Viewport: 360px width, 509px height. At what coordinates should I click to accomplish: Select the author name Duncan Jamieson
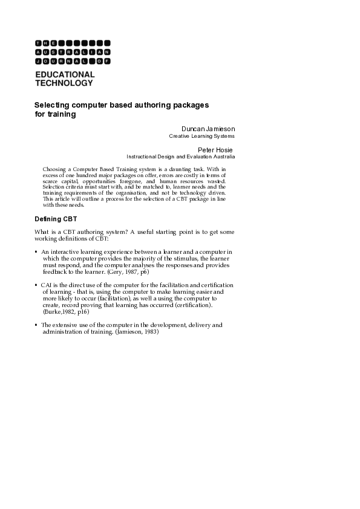(208, 129)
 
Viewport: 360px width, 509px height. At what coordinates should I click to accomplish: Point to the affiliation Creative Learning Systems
(201, 137)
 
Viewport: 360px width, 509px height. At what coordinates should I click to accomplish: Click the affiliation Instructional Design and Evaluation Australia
(180, 157)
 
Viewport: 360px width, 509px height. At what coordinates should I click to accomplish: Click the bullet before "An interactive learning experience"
(36, 251)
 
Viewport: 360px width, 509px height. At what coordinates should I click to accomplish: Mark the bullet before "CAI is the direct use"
(36, 284)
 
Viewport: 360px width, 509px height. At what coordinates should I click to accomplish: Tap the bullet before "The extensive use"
(36, 325)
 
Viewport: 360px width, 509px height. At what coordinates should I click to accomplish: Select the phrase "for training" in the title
(54, 114)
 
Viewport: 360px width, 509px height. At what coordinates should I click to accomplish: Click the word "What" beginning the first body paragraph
(42, 232)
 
